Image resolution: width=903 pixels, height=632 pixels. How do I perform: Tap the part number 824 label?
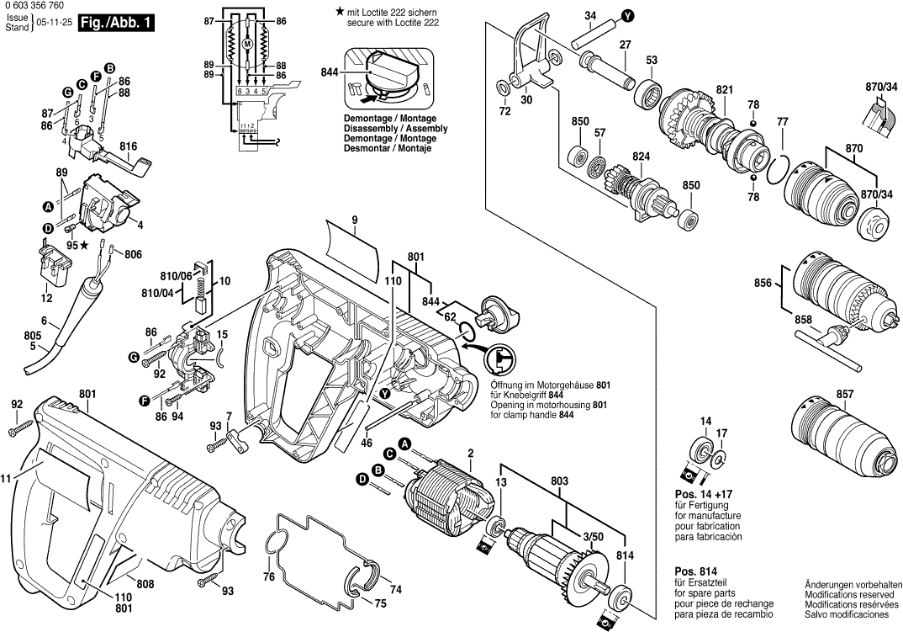click(x=642, y=157)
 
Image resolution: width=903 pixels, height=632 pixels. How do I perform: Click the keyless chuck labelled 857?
click(x=833, y=438)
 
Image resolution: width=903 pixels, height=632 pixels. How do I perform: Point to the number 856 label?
click(x=763, y=283)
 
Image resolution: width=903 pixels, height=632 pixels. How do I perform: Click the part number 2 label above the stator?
click(x=471, y=454)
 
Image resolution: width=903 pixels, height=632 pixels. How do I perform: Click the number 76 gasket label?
click(x=268, y=577)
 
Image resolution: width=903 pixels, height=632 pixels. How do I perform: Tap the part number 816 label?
click(x=128, y=146)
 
